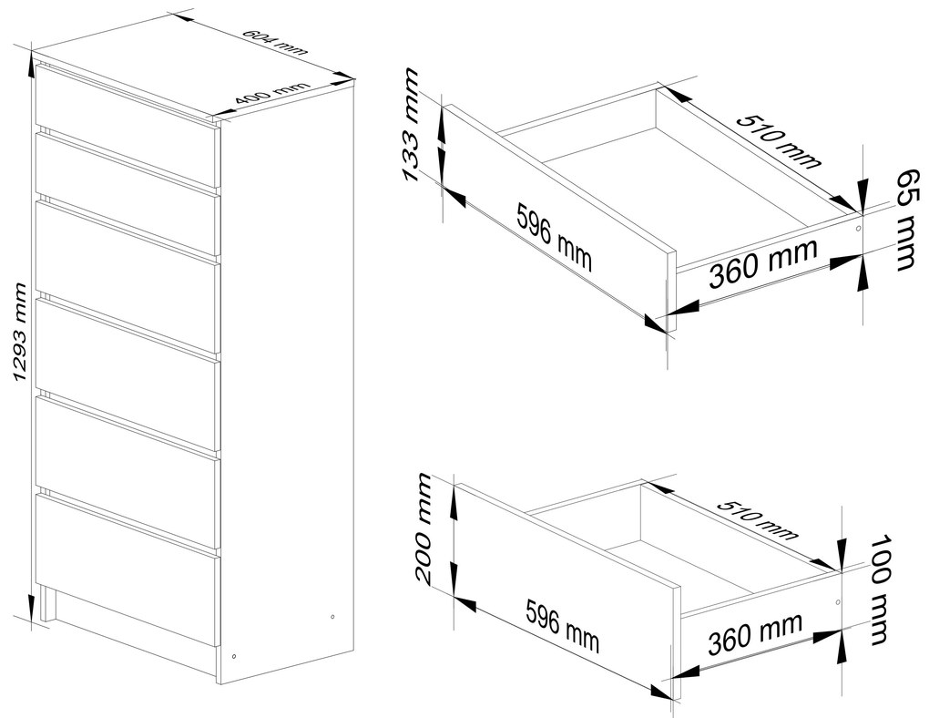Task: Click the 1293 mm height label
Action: point(20,333)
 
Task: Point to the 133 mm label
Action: point(411,125)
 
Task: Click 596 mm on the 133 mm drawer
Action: point(554,237)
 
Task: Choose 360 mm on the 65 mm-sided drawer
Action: point(763,262)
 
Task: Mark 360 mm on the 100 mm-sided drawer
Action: point(755,633)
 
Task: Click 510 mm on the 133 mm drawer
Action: point(780,140)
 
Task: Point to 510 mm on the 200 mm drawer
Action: point(758,520)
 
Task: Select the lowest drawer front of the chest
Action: point(127,570)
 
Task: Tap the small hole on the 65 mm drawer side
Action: point(859,229)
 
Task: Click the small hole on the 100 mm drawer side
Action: point(837,602)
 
